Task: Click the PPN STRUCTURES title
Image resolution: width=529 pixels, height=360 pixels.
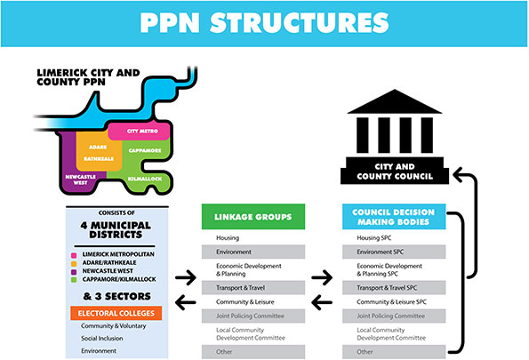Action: coord(265,23)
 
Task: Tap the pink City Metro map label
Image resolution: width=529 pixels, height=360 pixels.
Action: coord(142,131)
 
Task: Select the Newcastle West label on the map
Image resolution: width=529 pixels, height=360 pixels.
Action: coord(81,180)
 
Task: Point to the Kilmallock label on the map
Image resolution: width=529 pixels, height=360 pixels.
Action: coord(145,179)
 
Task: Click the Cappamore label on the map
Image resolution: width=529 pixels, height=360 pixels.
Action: coord(145,150)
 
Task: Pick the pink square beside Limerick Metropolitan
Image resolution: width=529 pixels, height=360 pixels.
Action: coord(74,255)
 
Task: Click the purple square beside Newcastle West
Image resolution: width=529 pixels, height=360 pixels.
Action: coord(74,272)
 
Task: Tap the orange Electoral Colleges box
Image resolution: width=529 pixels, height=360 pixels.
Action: coord(116,313)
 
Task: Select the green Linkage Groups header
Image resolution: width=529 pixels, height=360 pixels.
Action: coord(253,217)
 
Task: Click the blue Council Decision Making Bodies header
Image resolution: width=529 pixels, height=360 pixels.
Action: coord(394,217)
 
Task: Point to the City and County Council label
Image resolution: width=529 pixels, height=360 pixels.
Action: coord(395,172)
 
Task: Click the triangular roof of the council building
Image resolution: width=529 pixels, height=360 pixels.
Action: coord(395,102)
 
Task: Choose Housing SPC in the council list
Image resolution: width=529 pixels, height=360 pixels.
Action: coord(373,238)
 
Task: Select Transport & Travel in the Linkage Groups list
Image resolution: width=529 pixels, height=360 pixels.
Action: coord(240,288)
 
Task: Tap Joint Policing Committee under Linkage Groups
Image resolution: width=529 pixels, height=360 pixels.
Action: coord(250,316)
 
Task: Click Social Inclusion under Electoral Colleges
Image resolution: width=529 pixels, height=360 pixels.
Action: coord(102,339)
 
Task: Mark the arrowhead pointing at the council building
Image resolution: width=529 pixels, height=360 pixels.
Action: coord(459,175)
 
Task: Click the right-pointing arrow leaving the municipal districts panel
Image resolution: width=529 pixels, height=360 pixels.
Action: coord(186,277)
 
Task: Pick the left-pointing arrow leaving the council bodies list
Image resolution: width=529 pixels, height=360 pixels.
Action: coord(322,302)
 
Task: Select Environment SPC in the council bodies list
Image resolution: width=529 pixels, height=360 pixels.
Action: coord(380,252)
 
